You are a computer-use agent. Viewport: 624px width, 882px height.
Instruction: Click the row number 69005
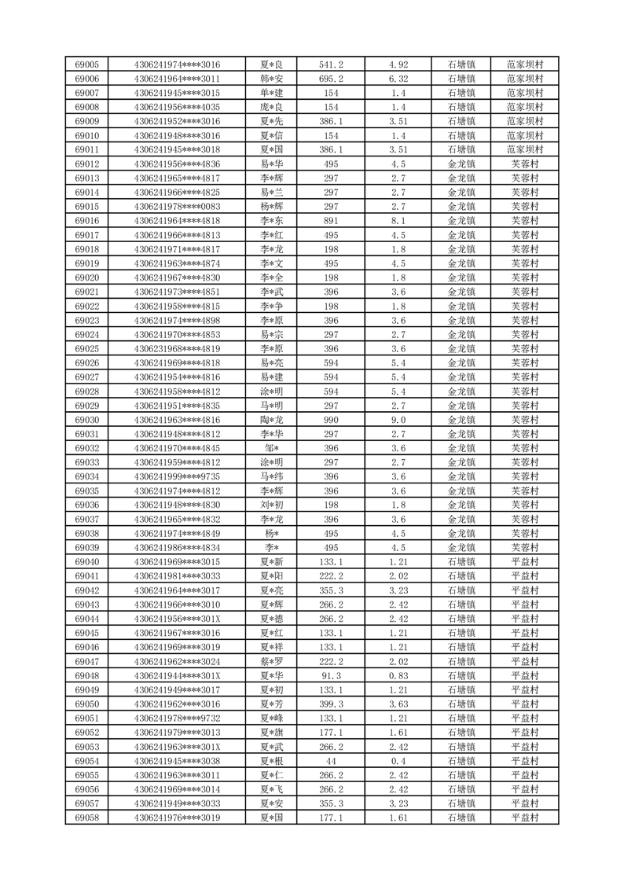coord(86,64)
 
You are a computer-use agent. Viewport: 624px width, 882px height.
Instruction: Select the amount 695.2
coord(331,79)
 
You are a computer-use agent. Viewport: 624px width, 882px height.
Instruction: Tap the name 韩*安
coord(272,79)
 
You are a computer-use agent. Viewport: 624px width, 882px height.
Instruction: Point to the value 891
coord(331,221)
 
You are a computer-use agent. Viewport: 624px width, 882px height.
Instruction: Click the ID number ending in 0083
coord(177,207)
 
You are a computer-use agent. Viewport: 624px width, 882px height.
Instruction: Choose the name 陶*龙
coord(272,420)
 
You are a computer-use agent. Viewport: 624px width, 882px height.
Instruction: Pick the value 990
coord(331,420)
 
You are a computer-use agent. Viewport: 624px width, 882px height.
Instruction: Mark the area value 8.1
coord(398,221)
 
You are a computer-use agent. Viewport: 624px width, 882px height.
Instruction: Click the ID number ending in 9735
coord(177,476)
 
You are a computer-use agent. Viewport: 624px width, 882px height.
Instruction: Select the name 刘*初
coord(272,505)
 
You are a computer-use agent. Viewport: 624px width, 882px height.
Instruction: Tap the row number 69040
coord(86,562)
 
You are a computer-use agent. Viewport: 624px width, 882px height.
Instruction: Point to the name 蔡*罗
coord(272,661)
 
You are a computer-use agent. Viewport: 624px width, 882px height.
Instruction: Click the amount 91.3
coord(331,675)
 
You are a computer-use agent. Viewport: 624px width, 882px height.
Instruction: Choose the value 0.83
coord(398,675)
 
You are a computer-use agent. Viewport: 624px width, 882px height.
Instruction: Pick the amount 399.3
coord(331,704)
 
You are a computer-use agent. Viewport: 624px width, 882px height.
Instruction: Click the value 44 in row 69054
coord(331,761)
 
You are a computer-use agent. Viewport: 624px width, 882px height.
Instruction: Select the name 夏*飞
coord(272,789)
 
